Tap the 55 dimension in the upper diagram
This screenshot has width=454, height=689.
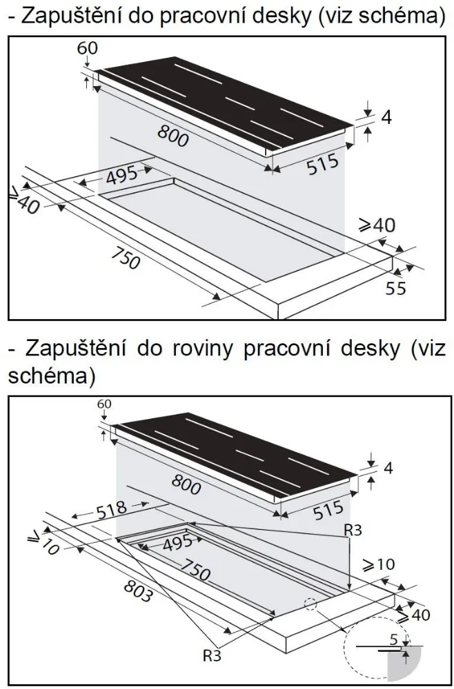coord(395,288)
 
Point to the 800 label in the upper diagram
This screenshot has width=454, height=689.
coord(172,136)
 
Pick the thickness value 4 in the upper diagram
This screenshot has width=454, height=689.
coord(386,117)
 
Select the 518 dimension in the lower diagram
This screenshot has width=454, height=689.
coord(111,508)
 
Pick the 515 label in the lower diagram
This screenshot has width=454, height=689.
coord(328,510)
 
